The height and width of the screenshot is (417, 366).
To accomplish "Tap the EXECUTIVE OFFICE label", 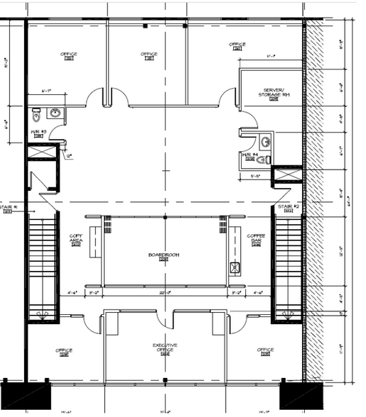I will tap(165, 347).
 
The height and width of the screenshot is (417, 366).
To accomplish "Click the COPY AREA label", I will tap(77, 238).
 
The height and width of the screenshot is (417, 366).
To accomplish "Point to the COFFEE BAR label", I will tap(256, 238).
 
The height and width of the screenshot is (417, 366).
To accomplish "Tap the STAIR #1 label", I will tap(9, 206).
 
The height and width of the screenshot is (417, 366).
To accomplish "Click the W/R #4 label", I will tap(249, 157).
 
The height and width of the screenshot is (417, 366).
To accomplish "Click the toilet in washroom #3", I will tap(37, 114).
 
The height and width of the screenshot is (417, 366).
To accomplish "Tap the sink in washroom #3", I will tap(55, 113).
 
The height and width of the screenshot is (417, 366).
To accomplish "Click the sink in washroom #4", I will tap(264, 140).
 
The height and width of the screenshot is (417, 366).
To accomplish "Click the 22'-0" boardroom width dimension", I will tap(165, 291).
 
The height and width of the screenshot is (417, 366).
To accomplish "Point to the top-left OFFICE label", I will tap(69, 55).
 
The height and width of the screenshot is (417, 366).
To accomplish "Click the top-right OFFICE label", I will tap(237, 45).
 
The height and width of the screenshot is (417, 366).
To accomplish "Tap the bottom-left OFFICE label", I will tap(64, 350).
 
